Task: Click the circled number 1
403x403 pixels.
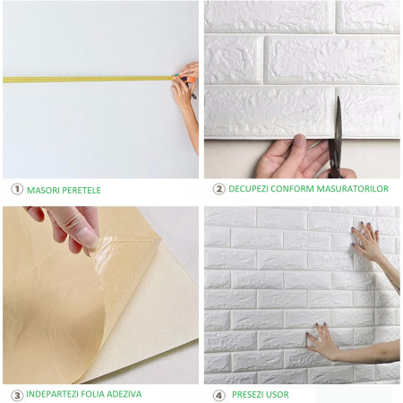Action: tap(16, 190)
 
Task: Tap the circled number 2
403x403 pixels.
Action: tap(219, 189)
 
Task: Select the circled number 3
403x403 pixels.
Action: tap(16, 394)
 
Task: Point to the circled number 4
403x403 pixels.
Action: tap(219, 394)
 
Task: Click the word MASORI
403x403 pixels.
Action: tap(44, 190)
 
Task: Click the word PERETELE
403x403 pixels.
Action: tap(82, 190)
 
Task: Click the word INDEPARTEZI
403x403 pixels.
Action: tap(57, 394)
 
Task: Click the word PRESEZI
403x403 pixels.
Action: tap(247, 394)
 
